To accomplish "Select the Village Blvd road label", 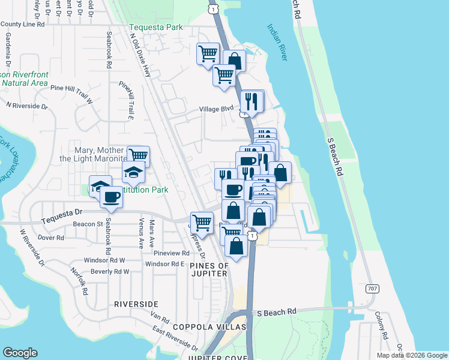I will pyautogui.click(x=216, y=110).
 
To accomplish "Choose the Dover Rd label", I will pyautogui.click(x=51, y=238).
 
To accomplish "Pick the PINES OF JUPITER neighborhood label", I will pyautogui.click(x=200, y=269).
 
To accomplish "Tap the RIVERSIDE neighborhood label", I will pyautogui.click(x=136, y=305).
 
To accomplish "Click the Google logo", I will pyautogui.click(x=20, y=353).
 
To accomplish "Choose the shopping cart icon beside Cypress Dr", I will pyautogui.click(x=202, y=222).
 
